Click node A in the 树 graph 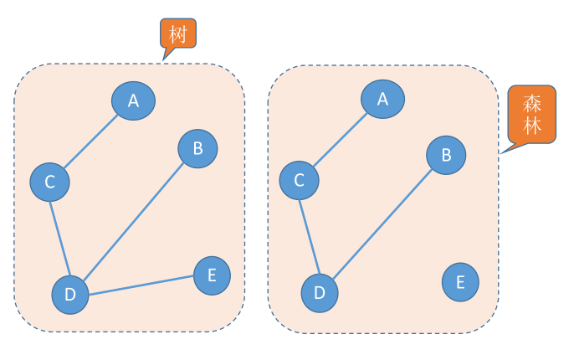133,101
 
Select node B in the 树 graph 197,148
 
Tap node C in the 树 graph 49,182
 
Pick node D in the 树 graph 70,294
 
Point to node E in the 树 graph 212,275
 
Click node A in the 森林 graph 382,99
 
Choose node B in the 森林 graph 446,155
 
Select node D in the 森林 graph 319,292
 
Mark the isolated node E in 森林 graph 460,281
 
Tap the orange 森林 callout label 532,115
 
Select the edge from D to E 141,285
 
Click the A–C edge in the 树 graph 91,141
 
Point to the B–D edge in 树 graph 134,220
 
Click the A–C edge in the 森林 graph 341,139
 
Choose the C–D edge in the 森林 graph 309,235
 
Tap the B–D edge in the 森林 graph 382,223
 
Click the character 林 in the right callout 532,126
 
